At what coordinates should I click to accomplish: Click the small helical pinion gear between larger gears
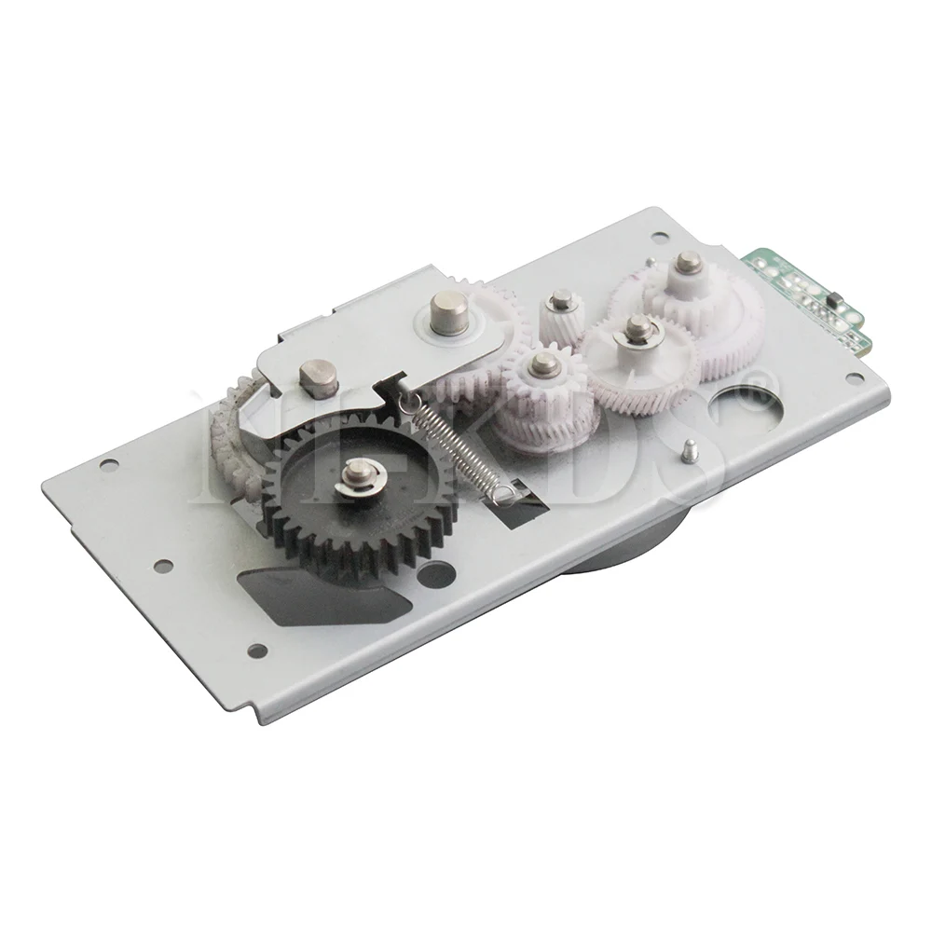point(559,317)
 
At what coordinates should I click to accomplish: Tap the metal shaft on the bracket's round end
point(445,310)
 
